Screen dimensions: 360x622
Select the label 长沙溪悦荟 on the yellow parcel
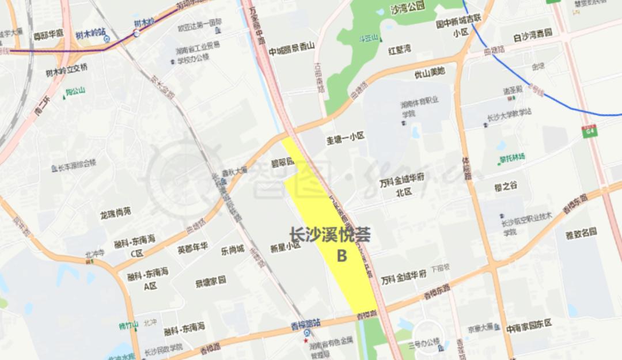(329, 234)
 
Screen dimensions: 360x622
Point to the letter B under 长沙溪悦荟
(342, 255)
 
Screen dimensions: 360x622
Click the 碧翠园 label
(282, 162)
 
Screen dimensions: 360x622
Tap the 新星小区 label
(286, 245)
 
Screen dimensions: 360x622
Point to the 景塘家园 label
(210, 281)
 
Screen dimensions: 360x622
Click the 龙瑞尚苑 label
(115, 213)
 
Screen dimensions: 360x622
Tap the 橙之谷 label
(506, 185)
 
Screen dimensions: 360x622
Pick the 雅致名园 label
(581, 233)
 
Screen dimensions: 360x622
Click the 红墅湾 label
(399, 50)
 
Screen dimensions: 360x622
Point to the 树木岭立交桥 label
(67, 68)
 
